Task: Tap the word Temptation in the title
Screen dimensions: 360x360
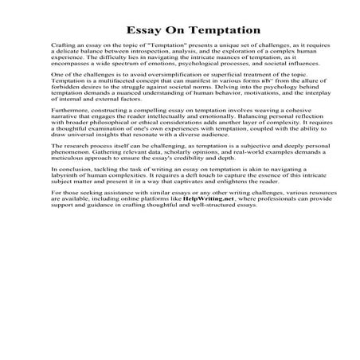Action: click(211, 30)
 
